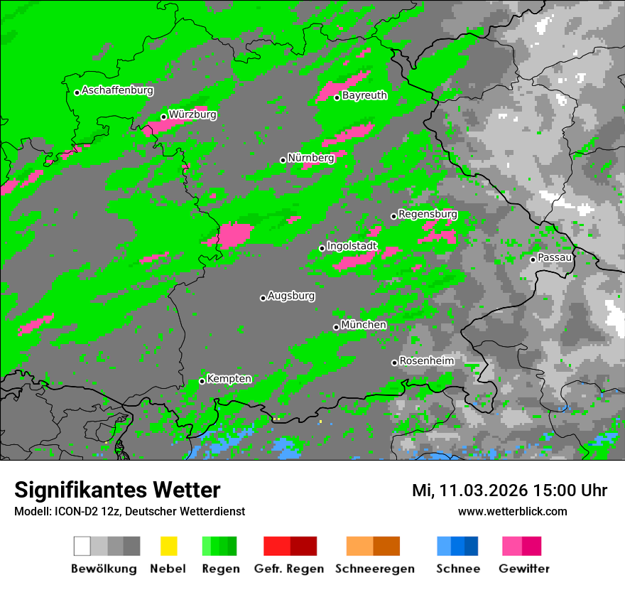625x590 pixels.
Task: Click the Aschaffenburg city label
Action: [x=117, y=91]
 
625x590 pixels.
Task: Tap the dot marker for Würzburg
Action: [x=163, y=117]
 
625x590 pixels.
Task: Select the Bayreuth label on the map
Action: [x=364, y=95]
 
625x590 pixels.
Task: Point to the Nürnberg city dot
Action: [x=283, y=160]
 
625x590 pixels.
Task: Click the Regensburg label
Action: [x=428, y=214]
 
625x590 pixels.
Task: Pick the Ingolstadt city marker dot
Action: [x=322, y=248]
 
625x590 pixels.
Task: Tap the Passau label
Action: [x=555, y=257]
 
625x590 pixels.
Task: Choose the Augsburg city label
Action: [x=290, y=296]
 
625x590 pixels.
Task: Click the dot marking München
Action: [x=336, y=327]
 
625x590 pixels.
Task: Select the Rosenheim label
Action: [x=426, y=360]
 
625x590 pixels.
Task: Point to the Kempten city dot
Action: [x=202, y=381]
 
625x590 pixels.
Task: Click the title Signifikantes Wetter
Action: [x=117, y=490]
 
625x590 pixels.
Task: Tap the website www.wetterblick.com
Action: [x=512, y=511]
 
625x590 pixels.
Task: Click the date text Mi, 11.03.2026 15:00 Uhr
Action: [x=509, y=490]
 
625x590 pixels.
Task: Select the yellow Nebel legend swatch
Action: [x=168, y=546]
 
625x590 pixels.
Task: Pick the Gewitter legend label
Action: [x=524, y=569]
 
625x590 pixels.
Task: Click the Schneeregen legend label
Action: [x=375, y=569]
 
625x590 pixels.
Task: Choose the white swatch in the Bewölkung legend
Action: [x=82, y=546]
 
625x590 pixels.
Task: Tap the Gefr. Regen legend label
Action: [x=288, y=569]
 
